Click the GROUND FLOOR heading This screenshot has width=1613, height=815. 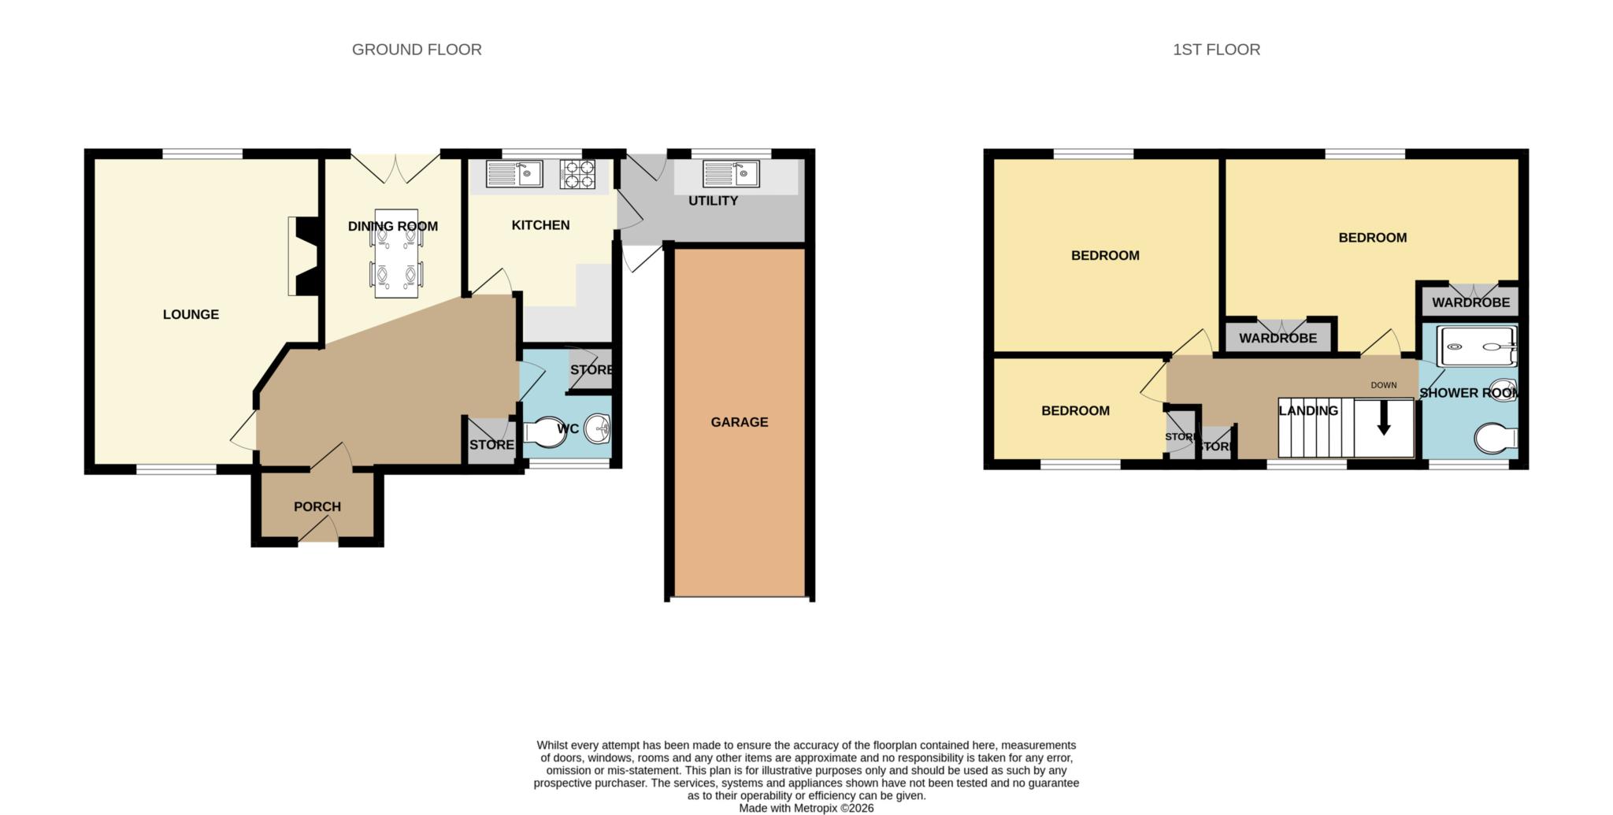pos(417,50)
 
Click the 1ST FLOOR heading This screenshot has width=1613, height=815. pos(1216,50)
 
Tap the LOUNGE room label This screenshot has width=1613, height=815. pos(191,314)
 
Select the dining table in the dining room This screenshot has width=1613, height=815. pos(396,253)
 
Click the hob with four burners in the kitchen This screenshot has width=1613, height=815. pos(577,174)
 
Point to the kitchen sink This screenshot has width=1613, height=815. pos(514,174)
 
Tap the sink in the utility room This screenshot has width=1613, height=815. pos(731,174)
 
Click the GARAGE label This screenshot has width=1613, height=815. pos(739,422)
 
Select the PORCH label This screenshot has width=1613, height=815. pos(317,506)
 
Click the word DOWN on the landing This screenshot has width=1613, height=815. pos(1383,385)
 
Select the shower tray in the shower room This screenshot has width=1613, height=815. pos(1477,346)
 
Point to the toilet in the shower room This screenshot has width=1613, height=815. pos(1496,439)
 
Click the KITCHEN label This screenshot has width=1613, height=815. pos(540,225)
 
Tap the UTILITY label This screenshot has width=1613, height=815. pos(713,201)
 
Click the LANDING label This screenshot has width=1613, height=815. pos(1308,410)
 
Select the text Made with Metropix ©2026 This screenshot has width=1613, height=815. pos(806,808)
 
